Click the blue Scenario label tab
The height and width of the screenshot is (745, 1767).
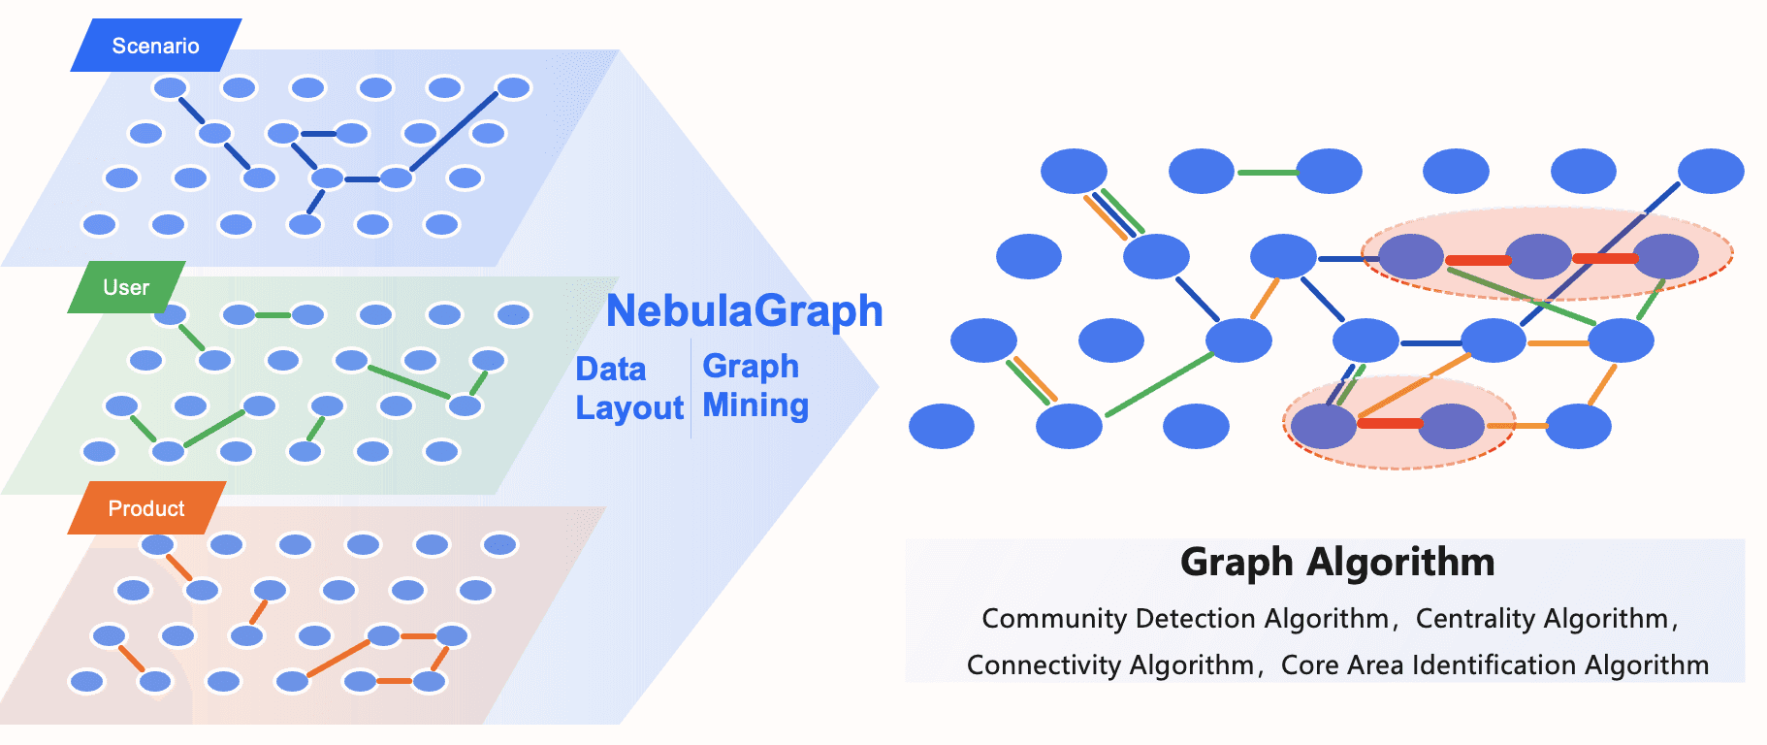pos(155,46)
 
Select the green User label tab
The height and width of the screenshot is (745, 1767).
pos(126,287)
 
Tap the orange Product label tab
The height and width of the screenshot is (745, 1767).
pos(146,508)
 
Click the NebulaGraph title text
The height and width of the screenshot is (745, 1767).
pos(744,311)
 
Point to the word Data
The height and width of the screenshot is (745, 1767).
pos(610,370)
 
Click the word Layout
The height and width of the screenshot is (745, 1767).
pos(629,408)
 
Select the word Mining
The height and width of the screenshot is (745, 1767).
pos(755,405)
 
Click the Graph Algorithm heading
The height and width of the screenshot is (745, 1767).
pos(1337,563)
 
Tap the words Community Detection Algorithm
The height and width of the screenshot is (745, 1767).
pos(1185,619)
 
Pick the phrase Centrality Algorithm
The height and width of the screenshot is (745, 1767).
pos(1542,619)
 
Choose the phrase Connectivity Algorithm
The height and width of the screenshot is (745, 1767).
pos(1109,665)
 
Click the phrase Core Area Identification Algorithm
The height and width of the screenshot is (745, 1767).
pos(1494,665)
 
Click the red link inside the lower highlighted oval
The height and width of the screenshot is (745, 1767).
pos(1389,423)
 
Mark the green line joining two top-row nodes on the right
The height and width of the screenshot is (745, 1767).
pos(1266,173)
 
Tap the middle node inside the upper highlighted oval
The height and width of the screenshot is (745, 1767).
pos(1538,257)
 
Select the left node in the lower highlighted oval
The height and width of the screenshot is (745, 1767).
pos(1324,426)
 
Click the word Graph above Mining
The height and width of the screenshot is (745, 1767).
pos(751,367)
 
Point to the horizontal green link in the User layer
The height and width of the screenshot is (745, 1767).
pos(273,315)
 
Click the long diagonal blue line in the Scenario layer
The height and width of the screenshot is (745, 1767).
pos(454,132)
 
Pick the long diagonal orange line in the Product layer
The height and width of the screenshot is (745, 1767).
pos(337,659)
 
